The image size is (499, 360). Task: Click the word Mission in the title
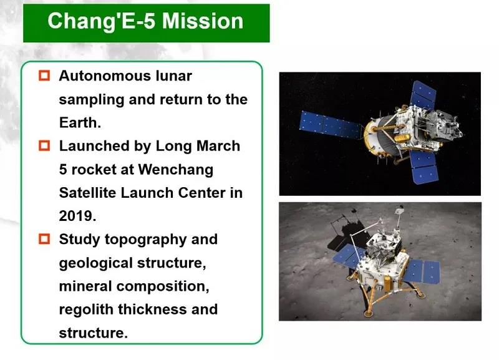203,21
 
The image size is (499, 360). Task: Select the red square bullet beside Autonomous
44,75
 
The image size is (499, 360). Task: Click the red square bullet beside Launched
44,145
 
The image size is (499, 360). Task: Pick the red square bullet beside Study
44,239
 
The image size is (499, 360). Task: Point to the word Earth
78,122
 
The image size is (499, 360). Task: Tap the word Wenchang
176,170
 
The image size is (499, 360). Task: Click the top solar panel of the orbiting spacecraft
424,95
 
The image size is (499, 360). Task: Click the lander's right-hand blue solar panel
424,271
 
